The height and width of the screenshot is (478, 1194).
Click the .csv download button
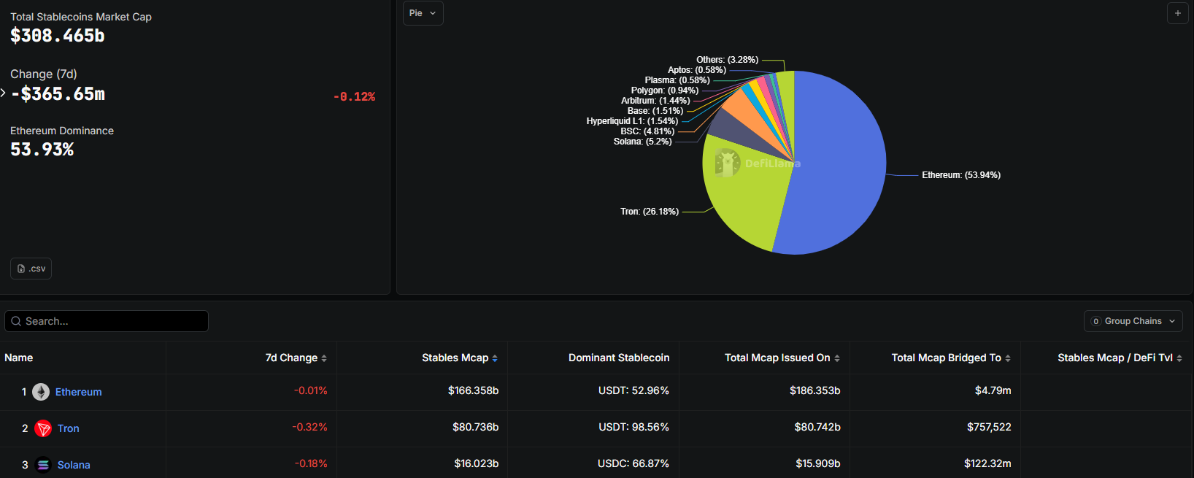tap(31, 269)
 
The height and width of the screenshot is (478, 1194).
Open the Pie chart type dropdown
tap(423, 13)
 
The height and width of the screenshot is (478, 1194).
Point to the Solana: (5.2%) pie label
tap(642, 142)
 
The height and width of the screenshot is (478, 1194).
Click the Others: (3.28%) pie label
tap(727, 60)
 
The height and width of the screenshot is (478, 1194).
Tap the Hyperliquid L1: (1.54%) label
tap(632, 121)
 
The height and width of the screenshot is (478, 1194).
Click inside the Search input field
tap(109, 321)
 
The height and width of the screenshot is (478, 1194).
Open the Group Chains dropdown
tap(1133, 321)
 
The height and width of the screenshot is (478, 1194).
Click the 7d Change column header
tap(291, 358)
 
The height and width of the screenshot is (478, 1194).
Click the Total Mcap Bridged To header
tap(946, 358)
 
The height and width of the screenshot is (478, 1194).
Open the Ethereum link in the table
tap(78, 392)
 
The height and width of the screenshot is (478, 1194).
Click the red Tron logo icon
tap(43, 428)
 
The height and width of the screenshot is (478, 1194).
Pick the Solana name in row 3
tap(74, 465)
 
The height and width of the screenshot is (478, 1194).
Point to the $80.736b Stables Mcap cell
tap(475, 427)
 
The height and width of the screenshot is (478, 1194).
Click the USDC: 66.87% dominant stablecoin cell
tap(633, 463)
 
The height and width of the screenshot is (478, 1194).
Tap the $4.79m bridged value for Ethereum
tap(993, 390)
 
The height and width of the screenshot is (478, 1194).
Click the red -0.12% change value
tap(354, 96)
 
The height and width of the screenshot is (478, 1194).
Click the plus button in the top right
tap(1177, 13)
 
